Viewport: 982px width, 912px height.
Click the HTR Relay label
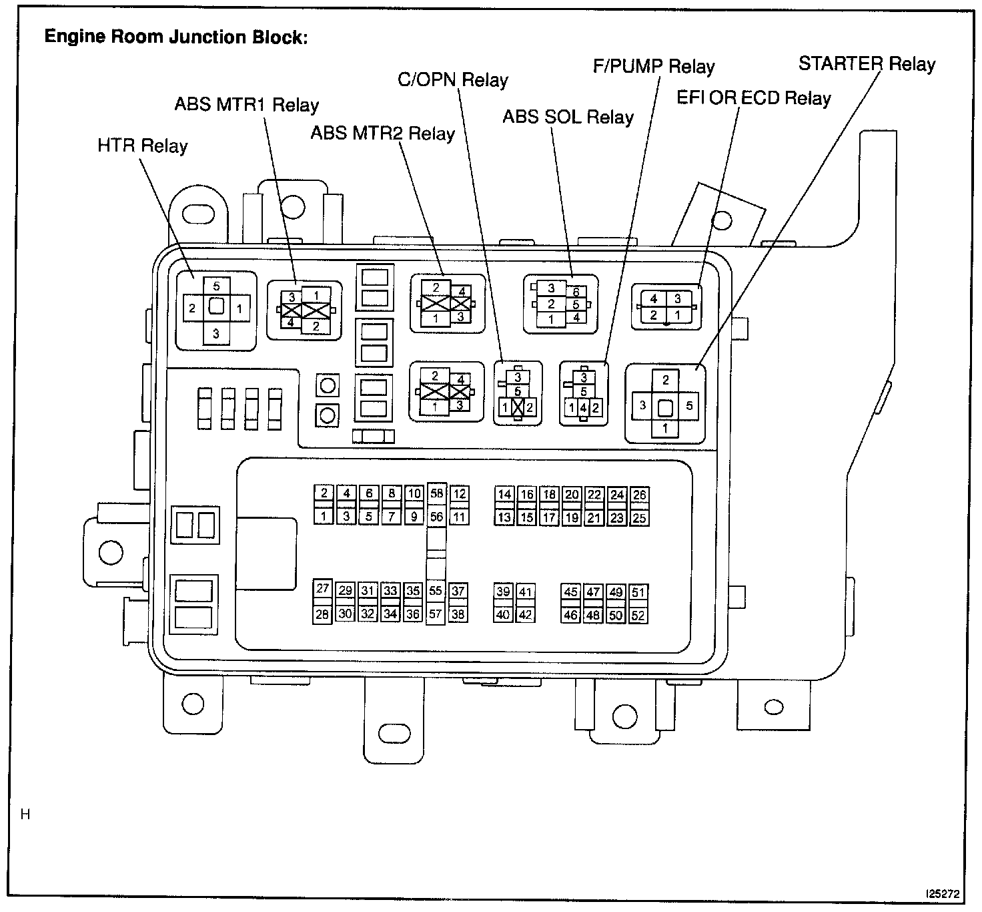142,146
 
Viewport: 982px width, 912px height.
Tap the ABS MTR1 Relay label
246,105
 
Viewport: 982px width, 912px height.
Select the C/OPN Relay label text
452,80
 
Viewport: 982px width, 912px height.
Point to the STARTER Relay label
867,64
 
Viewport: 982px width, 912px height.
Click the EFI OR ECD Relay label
754,98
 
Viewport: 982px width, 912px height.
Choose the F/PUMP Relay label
654,67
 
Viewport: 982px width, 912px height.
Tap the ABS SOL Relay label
568,118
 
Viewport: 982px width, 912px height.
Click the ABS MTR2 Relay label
382,134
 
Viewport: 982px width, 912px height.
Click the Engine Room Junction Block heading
176,37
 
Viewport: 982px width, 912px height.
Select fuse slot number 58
436,493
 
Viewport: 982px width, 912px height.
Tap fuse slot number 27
323,588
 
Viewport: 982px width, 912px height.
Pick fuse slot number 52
638,616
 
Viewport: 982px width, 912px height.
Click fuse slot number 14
504,494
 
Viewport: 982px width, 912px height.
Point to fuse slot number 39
503,592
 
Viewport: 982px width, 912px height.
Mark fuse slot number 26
639,495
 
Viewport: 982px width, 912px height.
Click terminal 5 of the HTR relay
216,286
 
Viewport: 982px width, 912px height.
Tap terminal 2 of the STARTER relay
665,381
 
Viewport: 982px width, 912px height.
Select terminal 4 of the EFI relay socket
654,299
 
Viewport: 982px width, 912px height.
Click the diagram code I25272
942,892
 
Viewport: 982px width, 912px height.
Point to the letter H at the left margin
26,815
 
